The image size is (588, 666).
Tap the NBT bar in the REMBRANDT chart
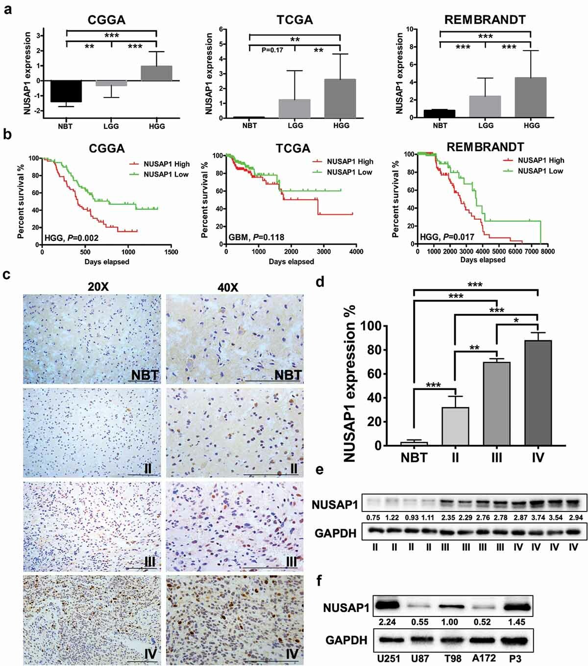[x=440, y=113]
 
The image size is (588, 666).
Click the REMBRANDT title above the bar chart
[x=485, y=20]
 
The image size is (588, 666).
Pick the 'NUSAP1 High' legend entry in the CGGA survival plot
[x=159, y=164]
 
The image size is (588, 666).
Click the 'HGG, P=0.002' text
[x=72, y=238]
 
